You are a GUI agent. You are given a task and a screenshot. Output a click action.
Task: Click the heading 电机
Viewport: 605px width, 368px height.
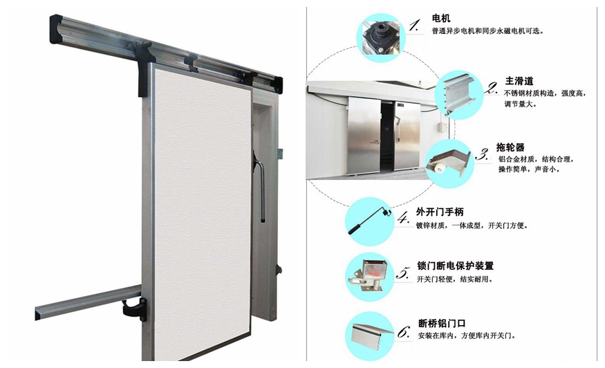[x=440, y=18]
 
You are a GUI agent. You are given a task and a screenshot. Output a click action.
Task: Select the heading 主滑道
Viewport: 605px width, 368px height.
[x=519, y=81]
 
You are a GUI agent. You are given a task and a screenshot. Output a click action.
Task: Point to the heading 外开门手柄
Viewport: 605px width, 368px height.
[x=440, y=212]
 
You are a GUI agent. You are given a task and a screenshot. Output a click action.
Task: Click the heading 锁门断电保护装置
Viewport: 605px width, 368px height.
[x=455, y=266]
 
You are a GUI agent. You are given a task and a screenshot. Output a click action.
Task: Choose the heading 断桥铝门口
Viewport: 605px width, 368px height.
[x=442, y=323]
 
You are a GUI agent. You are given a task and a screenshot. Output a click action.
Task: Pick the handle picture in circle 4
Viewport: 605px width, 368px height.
[x=369, y=221]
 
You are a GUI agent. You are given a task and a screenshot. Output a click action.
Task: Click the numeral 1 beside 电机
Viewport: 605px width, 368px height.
[x=414, y=26]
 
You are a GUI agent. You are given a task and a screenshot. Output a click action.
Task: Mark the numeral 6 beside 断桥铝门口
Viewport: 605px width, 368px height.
[x=404, y=332]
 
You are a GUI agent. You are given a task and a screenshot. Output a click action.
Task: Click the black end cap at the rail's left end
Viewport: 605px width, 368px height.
[x=56, y=28]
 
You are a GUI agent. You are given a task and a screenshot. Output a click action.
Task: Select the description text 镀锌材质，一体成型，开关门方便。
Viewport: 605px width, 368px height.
[x=472, y=226]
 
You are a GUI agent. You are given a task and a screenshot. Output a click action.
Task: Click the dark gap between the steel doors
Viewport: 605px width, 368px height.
[x=387, y=135]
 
